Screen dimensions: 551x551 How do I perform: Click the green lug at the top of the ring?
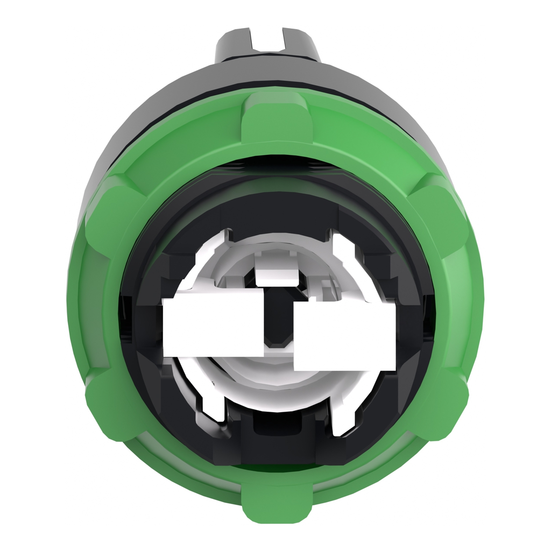click(276, 116)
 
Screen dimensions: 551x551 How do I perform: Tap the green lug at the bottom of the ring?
click(277, 503)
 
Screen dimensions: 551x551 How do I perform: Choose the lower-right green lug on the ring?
click(441, 406)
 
